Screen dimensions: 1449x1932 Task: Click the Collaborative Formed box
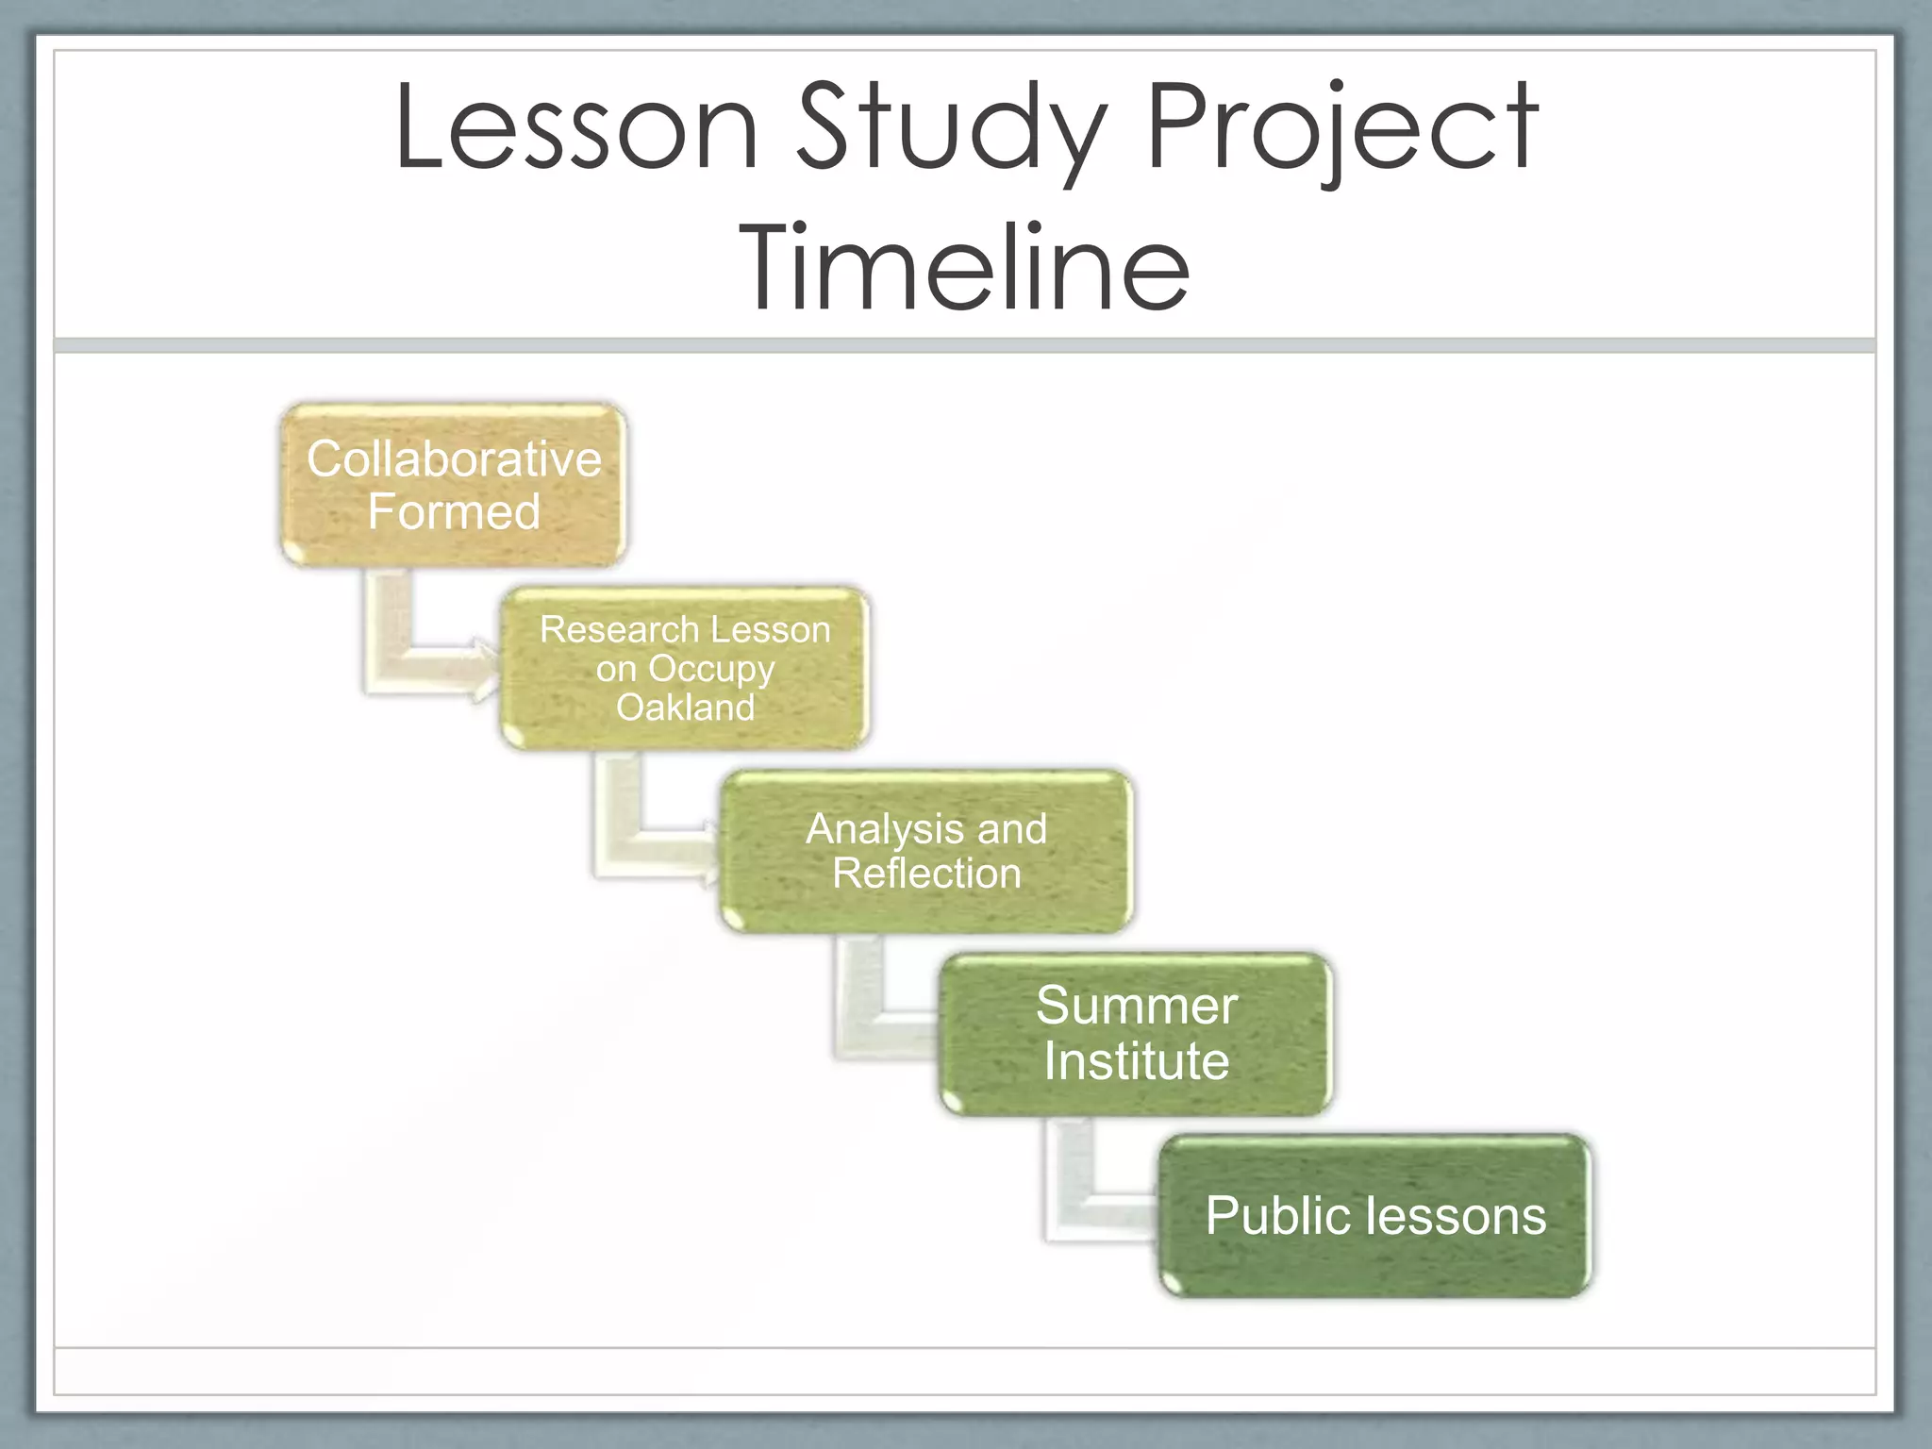click(454, 485)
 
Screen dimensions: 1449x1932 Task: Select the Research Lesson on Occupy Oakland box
click(685, 668)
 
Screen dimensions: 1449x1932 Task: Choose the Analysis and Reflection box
click(926, 851)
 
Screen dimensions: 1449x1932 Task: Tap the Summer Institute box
click(1137, 1034)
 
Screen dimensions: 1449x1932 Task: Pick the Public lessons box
click(1375, 1216)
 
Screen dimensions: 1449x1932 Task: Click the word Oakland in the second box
click(685, 708)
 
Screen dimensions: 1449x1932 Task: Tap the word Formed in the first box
click(454, 512)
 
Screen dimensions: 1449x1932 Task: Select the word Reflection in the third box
click(926, 874)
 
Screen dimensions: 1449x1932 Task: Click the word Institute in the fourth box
click(1137, 1061)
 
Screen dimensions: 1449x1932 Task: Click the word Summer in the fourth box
click(1137, 1006)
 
